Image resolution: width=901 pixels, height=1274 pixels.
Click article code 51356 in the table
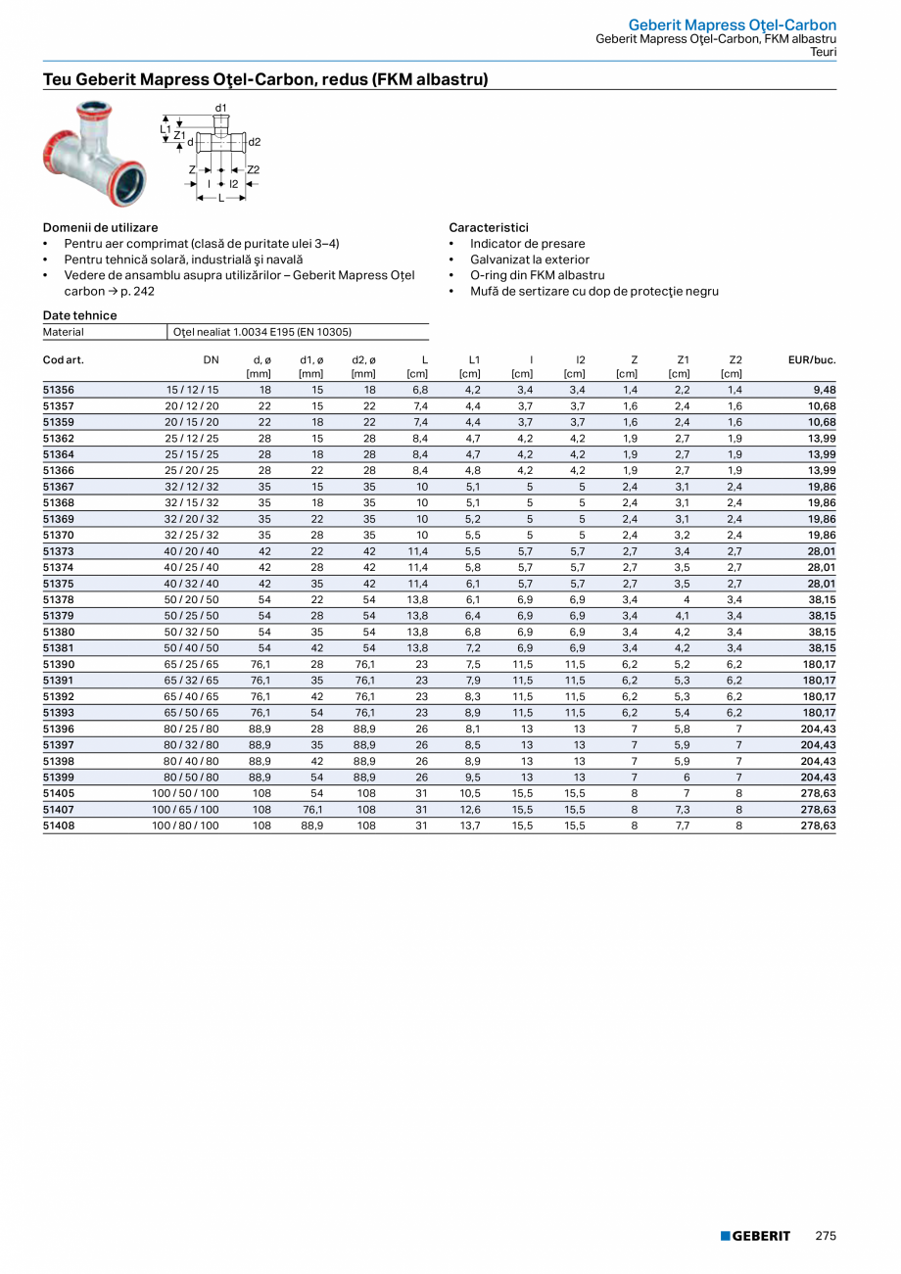(x=59, y=390)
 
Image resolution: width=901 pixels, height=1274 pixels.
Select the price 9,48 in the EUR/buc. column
(x=823, y=390)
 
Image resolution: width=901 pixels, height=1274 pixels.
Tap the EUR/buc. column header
(x=812, y=360)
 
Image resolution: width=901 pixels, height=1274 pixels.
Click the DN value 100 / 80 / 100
(x=185, y=826)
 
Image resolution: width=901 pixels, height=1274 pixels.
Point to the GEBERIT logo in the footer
(x=755, y=1236)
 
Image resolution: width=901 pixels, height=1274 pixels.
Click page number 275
(x=826, y=1236)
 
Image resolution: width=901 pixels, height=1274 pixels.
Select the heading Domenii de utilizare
(x=100, y=227)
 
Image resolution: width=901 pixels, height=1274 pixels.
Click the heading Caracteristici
(x=489, y=227)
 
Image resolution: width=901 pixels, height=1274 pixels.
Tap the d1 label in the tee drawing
(x=221, y=107)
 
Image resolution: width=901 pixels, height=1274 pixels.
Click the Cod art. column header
(x=64, y=360)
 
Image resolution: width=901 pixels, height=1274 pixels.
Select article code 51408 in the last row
(x=59, y=826)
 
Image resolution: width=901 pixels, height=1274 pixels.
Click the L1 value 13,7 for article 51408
(x=470, y=826)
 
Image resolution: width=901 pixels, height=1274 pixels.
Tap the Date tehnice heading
(x=79, y=315)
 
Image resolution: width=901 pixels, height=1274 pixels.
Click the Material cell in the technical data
(x=64, y=332)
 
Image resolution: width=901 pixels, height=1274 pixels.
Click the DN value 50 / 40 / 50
(x=192, y=648)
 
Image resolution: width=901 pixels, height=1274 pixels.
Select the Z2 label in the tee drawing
(x=253, y=170)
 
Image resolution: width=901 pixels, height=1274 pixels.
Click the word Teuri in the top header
(x=823, y=52)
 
